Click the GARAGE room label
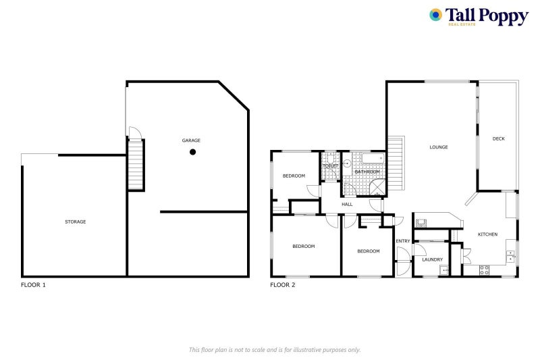point(191,140)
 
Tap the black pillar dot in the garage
point(192,152)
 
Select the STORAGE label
point(75,222)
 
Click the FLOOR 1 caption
point(34,285)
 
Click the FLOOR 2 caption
point(283,285)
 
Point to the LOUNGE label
point(439,147)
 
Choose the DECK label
point(498,138)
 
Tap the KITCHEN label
point(487,234)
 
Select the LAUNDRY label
point(432,259)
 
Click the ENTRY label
point(403,241)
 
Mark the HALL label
point(347,204)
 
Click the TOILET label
point(331,165)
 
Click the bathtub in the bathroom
point(372,159)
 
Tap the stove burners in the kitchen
point(484,269)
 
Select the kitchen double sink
point(511,255)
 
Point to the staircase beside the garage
point(136,165)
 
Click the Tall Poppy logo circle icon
point(435,15)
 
